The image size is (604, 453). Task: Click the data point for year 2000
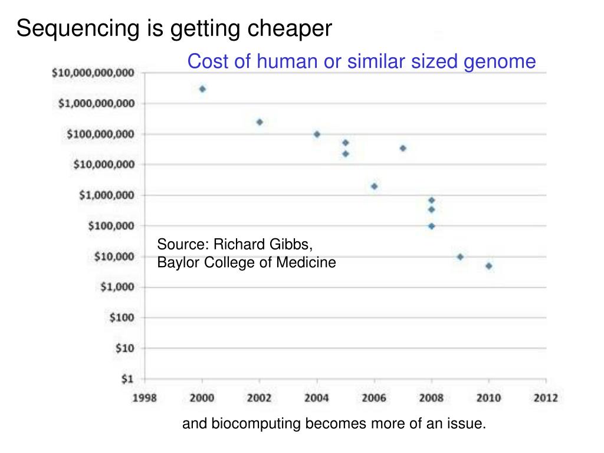click(202, 89)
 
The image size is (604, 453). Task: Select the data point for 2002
click(260, 122)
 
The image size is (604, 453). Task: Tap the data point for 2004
click(317, 134)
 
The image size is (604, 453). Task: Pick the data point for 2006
click(374, 186)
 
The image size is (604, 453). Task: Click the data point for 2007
click(403, 148)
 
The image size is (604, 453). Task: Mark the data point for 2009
click(460, 257)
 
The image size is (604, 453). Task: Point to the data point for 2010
click(489, 266)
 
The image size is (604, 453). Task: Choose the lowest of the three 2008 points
click(431, 226)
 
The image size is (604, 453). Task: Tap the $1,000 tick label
click(117, 287)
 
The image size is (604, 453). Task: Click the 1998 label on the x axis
click(145, 398)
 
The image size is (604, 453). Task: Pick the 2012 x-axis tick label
click(546, 398)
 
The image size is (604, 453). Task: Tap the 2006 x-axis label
click(374, 398)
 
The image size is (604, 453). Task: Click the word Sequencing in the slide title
click(77, 28)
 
